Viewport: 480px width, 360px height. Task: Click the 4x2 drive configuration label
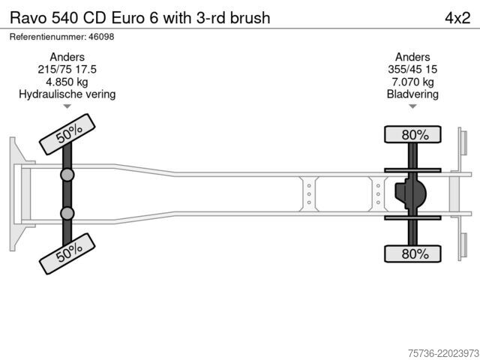coord(457,18)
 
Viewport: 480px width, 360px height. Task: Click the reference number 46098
coord(101,37)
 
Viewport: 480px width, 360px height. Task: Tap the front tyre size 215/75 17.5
coord(67,70)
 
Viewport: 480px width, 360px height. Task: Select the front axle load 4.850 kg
coord(67,82)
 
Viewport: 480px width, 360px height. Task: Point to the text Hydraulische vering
coord(67,94)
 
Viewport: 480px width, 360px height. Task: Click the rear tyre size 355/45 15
coord(412,70)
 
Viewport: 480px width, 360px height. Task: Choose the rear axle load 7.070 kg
coord(412,82)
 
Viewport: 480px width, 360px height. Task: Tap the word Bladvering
coord(412,94)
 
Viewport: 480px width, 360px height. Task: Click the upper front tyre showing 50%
coord(67,134)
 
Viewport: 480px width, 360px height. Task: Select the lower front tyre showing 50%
coord(67,253)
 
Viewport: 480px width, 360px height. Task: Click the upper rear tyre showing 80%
coord(412,134)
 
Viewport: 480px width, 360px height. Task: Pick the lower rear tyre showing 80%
coord(412,253)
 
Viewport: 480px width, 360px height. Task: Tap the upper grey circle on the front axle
coord(67,175)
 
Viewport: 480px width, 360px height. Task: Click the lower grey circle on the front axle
coord(67,213)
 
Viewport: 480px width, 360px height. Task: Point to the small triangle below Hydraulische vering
coord(67,106)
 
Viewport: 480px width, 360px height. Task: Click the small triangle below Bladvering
coord(412,106)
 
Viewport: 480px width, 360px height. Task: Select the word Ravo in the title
coord(28,18)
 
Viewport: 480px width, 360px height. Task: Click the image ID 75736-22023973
coord(443,353)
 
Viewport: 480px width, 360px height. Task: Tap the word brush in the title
coord(250,18)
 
